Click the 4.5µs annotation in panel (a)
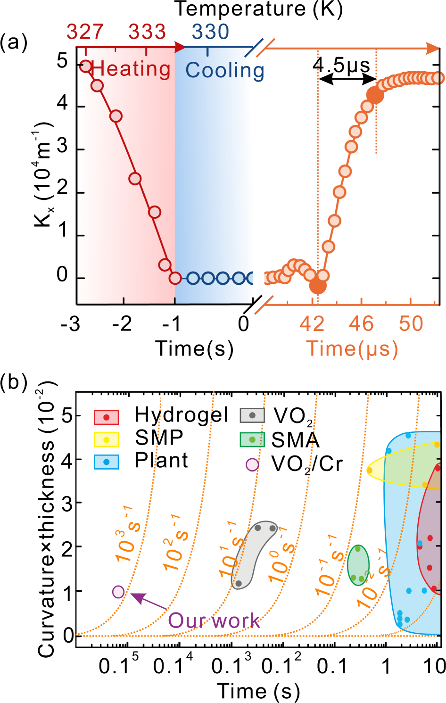pyautogui.click(x=341, y=65)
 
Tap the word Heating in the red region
pyautogui.click(x=131, y=69)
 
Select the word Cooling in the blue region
pyautogui.click(x=224, y=70)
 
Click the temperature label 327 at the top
pyautogui.click(x=85, y=32)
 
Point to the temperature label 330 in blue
pyautogui.click(x=210, y=32)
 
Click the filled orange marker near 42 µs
pyautogui.click(x=318, y=285)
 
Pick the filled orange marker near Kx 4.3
pyautogui.click(x=375, y=95)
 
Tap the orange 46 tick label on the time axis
pyautogui.click(x=361, y=324)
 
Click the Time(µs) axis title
pyautogui.click(x=352, y=349)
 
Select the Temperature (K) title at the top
pyautogui.click(x=258, y=9)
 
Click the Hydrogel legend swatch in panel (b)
pyautogui.click(x=106, y=417)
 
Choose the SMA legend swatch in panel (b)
pyautogui.click(x=252, y=439)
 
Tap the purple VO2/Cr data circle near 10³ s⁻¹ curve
pyautogui.click(x=118, y=592)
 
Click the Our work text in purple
pyautogui.click(x=214, y=620)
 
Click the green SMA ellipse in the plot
pyautogui.click(x=358, y=564)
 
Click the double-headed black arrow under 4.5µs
pyautogui.click(x=347, y=80)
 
